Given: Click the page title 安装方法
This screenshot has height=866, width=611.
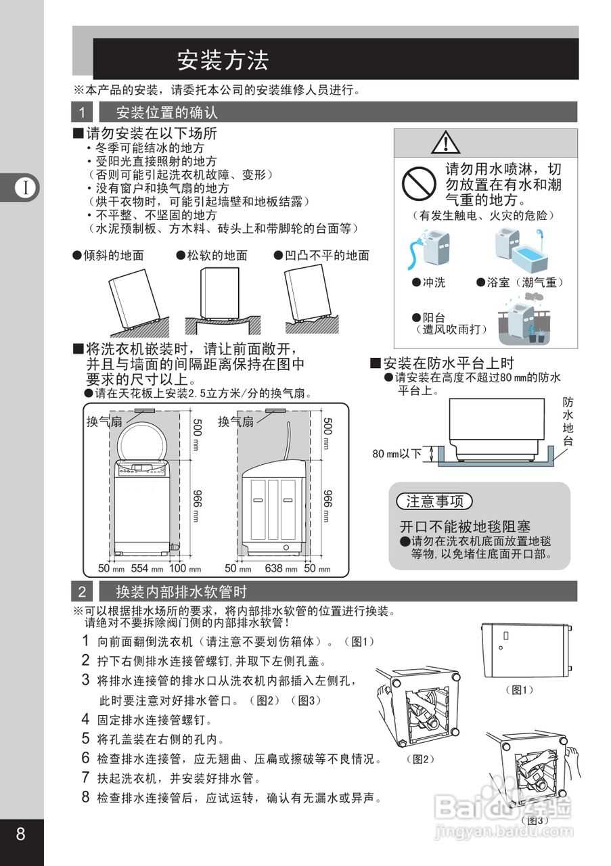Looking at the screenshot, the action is click(x=223, y=60).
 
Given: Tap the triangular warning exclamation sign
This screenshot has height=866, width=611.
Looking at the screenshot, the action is click(x=446, y=142).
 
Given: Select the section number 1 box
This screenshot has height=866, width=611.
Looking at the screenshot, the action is click(x=82, y=112).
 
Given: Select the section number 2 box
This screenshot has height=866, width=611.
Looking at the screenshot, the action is click(x=82, y=593).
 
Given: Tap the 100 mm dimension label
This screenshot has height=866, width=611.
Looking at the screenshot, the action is click(x=184, y=569).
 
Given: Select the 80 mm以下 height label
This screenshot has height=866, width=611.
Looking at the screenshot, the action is click(x=397, y=453).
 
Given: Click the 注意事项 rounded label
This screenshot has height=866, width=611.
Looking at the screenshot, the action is click(x=434, y=501).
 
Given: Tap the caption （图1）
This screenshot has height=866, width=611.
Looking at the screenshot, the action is click(x=520, y=689).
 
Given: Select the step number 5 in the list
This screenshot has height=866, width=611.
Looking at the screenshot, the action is click(x=86, y=738).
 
